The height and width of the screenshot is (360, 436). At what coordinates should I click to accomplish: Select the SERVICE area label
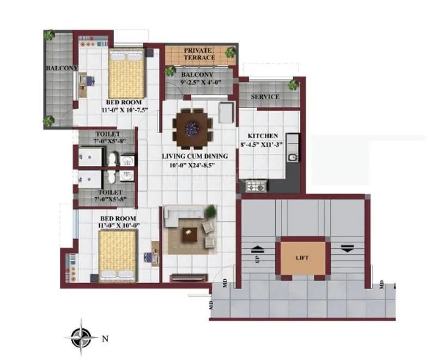(x=265, y=97)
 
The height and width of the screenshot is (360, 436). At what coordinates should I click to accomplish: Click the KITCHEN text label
(x=263, y=136)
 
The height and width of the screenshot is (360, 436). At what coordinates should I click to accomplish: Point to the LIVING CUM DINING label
(x=195, y=156)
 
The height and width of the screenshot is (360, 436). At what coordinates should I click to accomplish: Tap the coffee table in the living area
(x=190, y=234)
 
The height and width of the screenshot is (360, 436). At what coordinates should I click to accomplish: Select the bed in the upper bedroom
(x=126, y=74)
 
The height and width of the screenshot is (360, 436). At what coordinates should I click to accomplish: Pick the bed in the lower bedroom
(x=118, y=255)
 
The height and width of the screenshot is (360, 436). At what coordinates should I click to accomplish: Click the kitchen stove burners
(x=256, y=187)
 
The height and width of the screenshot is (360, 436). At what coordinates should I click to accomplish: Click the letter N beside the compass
(x=105, y=338)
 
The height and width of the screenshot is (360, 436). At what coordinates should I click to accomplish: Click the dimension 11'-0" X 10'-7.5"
(x=124, y=110)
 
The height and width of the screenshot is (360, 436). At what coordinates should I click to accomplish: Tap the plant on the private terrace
(x=231, y=52)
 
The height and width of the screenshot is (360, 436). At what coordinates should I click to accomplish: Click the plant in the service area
(x=294, y=85)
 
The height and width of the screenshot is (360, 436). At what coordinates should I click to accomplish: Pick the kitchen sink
(x=292, y=157)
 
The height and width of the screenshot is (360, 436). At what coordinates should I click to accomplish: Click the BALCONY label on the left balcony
(x=62, y=68)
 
